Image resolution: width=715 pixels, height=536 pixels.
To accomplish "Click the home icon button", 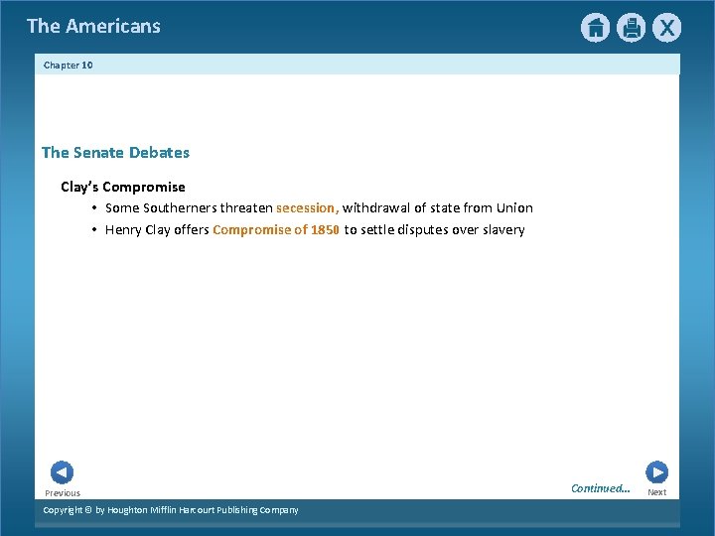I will [x=595, y=28].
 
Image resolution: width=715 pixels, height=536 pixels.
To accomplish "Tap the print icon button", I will [x=631, y=28].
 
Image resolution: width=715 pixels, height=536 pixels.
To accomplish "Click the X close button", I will [x=666, y=28].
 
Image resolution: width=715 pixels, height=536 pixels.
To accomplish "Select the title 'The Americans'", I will [x=93, y=26].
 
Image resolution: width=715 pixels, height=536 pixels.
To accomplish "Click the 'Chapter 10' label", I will [x=69, y=65].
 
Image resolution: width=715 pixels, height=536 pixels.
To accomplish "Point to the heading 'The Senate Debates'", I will [x=115, y=152].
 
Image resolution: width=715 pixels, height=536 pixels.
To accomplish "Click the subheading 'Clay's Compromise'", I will [x=123, y=187].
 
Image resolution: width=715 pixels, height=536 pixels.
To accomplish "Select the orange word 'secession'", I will [x=307, y=207].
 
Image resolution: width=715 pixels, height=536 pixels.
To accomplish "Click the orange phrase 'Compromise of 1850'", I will [x=276, y=229].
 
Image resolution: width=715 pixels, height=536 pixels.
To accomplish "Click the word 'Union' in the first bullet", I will [x=514, y=207].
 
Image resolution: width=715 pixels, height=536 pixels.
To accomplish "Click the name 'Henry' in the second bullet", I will [x=123, y=229].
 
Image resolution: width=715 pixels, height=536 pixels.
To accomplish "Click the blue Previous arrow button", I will [x=62, y=472].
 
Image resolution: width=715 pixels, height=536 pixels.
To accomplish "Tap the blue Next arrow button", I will [x=656, y=472].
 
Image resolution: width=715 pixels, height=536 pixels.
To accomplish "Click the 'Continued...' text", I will [x=600, y=487].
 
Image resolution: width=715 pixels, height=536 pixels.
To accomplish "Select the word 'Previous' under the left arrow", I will [x=63, y=492].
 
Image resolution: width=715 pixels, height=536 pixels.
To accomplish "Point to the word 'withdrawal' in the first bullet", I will [x=376, y=207].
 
